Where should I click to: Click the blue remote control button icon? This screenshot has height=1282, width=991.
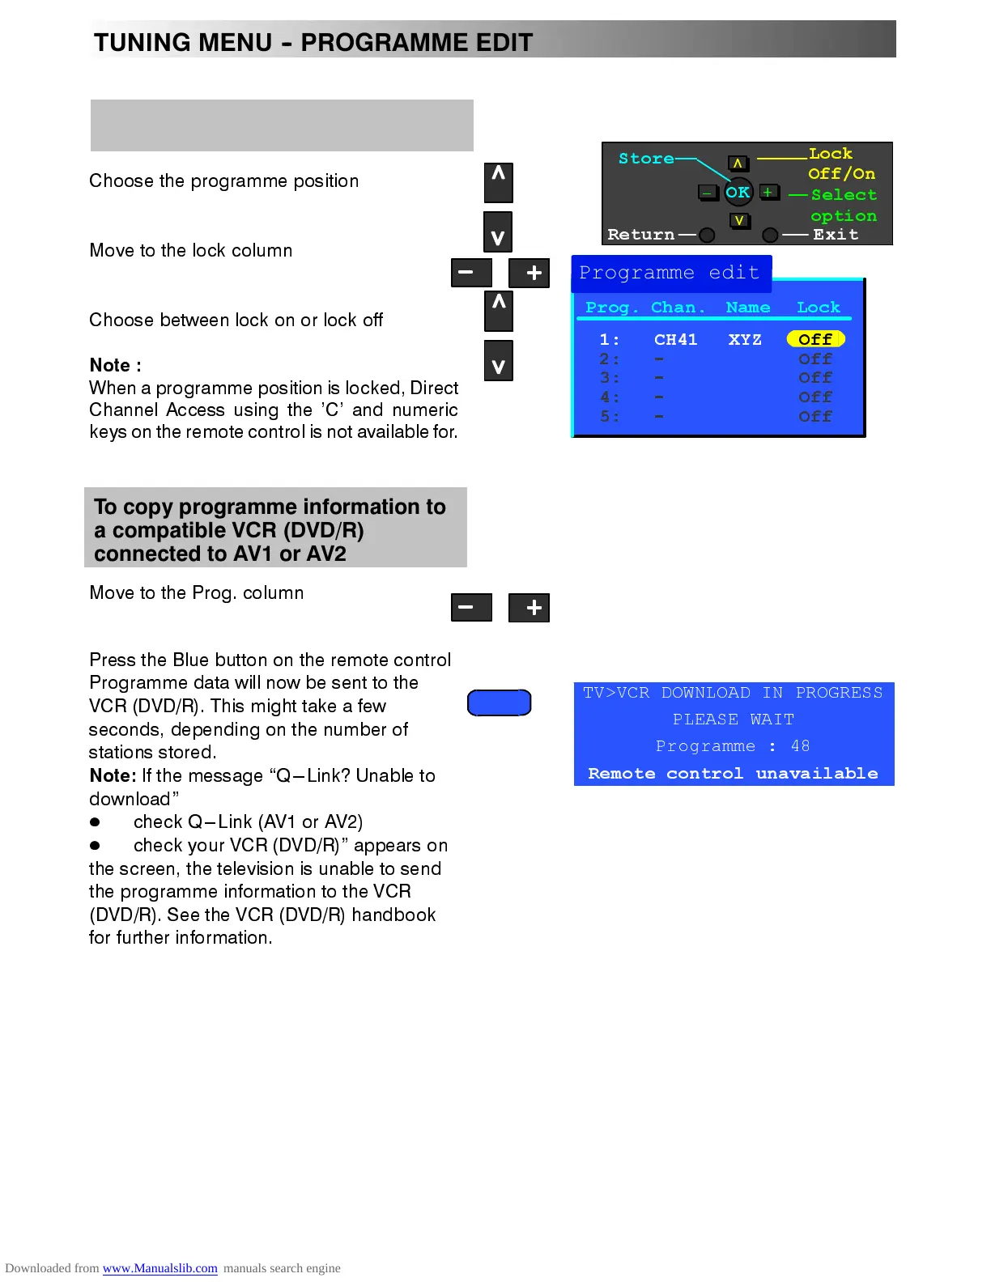(x=499, y=703)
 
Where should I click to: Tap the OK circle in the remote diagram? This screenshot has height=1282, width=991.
(x=738, y=193)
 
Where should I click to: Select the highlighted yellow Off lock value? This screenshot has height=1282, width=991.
(x=815, y=339)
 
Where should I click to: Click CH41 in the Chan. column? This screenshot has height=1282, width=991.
(x=675, y=339)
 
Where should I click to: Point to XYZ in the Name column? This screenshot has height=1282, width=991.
(x=745, y=339)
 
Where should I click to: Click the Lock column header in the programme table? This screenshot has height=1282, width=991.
(x=818, y=308)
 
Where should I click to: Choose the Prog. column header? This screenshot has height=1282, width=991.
(x=611, y=308)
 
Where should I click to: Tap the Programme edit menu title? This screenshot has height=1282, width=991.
(x=670, y=273)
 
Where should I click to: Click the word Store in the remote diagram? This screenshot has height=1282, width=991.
(x=645, y=159)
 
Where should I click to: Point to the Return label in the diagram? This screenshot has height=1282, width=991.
(x=640, y=235)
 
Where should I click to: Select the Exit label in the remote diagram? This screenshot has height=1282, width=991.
(x=836, y=235)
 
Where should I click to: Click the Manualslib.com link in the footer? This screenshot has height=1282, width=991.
(x=159, y=1268)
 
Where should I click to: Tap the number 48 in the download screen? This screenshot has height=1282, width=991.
(x=800, y=746)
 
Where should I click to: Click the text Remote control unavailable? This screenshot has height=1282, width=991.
(x=733, y=774)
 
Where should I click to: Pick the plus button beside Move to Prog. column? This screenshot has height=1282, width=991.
(x=530, y=608)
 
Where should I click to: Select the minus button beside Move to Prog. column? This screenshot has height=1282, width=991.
(x=471, y=608)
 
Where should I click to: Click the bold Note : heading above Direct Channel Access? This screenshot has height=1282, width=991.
(x=115, y=365)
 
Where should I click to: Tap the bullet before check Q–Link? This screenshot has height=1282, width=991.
(x=95, y=822)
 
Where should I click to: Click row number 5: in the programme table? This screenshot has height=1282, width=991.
(x=610, y=417)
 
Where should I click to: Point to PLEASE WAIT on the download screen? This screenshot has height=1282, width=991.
(x=733, y=720)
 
